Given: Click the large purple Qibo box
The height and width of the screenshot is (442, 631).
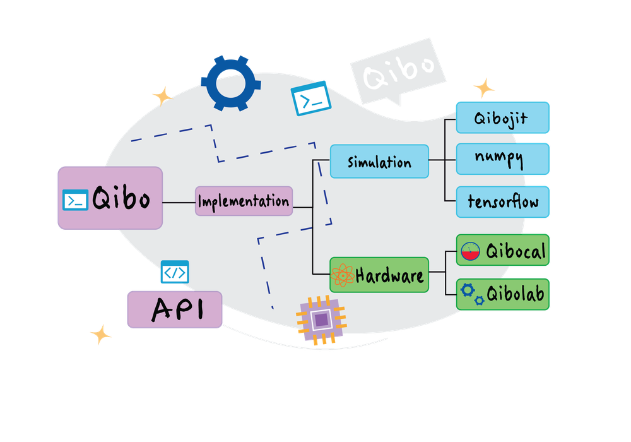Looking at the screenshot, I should point(110,198).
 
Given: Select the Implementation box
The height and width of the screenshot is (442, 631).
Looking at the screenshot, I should point(244,201).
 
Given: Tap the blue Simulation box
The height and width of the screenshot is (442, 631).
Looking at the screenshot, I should point(379,162).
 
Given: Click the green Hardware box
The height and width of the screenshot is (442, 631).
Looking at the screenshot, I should point(379,275).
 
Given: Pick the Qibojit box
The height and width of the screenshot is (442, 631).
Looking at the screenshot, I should point(504,117).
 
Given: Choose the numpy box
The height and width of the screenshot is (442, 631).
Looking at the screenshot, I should point(504,158).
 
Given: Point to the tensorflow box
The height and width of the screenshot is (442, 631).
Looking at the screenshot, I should point(504,201).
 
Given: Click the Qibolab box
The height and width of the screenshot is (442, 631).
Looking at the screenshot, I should point(504,294).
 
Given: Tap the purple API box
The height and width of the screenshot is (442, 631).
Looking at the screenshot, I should point(174,309).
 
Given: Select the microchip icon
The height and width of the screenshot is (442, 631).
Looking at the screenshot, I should point(321,320).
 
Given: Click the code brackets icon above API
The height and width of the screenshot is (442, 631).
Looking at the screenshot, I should point(175,272).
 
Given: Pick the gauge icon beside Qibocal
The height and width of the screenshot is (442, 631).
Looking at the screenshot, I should point(471,251).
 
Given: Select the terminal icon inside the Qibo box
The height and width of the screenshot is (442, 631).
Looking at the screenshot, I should point(76,200).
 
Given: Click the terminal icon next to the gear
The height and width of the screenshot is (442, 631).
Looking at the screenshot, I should point(310,98).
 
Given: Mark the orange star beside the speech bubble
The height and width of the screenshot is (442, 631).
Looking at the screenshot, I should point(484,88).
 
